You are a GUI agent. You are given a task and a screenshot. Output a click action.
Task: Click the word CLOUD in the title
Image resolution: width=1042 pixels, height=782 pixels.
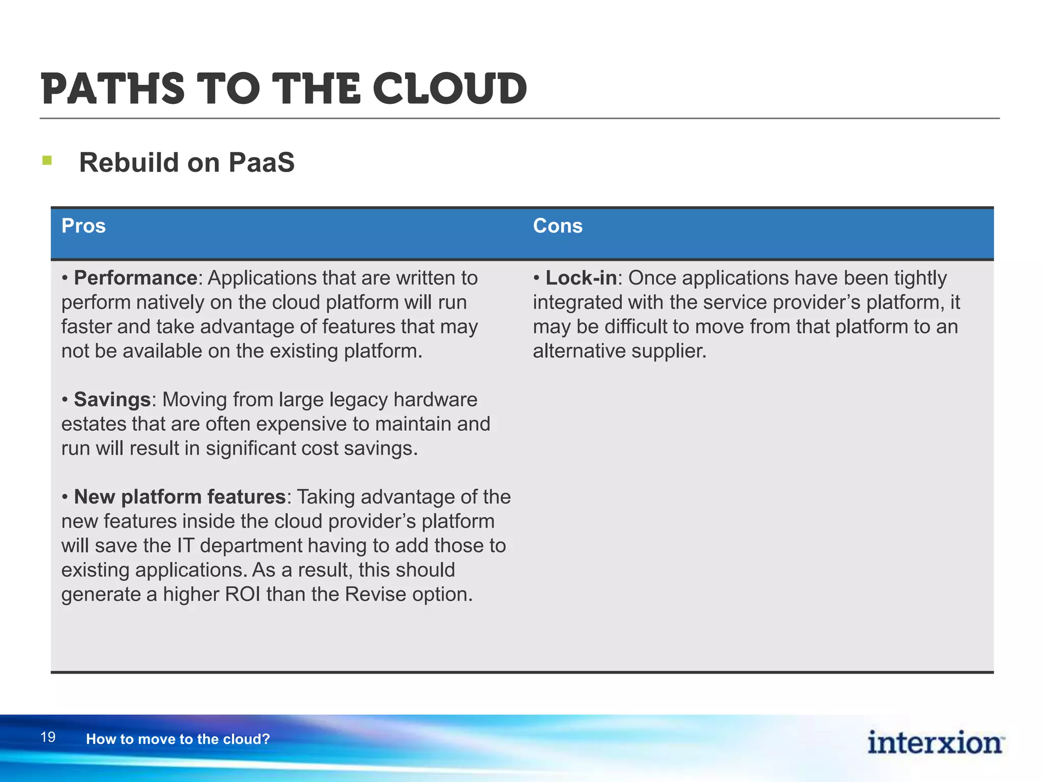450,89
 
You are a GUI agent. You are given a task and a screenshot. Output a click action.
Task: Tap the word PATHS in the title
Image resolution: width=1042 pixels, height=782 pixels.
112,89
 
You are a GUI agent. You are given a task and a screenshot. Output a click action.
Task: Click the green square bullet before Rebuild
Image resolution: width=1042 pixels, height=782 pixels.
47,161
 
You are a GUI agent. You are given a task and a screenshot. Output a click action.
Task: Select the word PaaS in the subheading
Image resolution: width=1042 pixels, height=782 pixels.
262,163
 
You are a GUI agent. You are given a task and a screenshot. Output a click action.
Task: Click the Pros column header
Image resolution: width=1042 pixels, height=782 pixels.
83,226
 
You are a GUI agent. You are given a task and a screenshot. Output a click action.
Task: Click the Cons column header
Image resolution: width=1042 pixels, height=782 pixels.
558,226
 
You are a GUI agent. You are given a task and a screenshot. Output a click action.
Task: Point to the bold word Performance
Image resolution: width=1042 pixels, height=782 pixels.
135,278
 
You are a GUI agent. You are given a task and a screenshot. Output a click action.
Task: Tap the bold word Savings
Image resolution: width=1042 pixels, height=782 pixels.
112,400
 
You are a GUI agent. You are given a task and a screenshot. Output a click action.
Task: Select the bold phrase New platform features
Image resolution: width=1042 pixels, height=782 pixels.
180,497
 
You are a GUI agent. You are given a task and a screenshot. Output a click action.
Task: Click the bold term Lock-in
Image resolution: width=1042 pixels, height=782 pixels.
581,278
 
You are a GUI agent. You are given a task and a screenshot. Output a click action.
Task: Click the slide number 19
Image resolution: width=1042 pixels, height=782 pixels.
48,737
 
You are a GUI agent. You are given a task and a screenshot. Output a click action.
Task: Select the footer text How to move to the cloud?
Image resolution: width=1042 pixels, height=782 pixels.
178,739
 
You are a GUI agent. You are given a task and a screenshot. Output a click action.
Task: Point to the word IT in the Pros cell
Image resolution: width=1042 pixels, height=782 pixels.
185,546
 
